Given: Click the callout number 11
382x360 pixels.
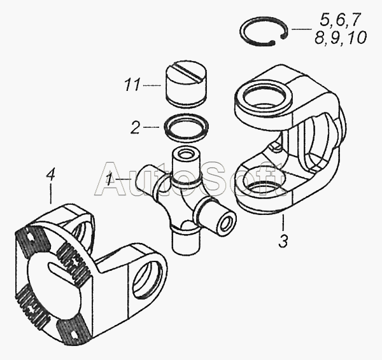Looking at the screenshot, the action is [132, 85].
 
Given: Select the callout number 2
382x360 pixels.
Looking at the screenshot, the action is [136, 127].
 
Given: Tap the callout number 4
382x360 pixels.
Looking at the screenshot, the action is [50, 174].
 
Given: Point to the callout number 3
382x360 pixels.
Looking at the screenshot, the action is [283, 241].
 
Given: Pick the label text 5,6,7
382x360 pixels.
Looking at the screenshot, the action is [340, 20].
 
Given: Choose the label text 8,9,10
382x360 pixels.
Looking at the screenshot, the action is [341, 38].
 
